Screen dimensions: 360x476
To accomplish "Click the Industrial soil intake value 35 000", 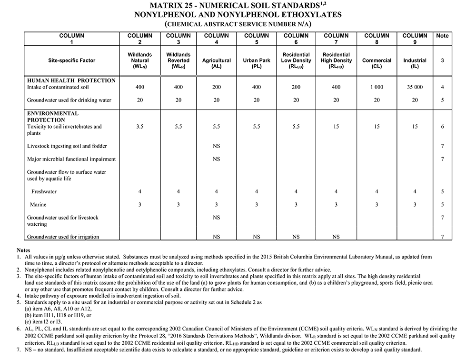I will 415,88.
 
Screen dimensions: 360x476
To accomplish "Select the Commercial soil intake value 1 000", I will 377,88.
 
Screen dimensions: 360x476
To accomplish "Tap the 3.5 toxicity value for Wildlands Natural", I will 140,127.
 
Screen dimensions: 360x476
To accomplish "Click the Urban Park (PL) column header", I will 257,61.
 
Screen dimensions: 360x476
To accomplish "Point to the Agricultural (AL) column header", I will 217,61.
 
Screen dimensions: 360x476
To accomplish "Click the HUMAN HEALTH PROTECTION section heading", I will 71,80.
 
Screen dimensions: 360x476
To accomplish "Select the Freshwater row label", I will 44,191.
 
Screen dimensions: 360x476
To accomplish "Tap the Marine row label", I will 38,205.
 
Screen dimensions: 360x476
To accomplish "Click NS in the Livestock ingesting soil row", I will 217,146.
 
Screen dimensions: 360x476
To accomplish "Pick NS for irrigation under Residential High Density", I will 336,237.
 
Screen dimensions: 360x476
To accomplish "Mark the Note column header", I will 443,36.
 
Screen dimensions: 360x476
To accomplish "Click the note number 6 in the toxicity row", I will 443,127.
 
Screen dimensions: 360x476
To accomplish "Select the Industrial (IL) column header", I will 415,61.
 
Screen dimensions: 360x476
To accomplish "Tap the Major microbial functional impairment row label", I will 71,159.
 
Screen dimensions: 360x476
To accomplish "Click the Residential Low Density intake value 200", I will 296,88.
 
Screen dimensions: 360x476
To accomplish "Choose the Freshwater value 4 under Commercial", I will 377,191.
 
